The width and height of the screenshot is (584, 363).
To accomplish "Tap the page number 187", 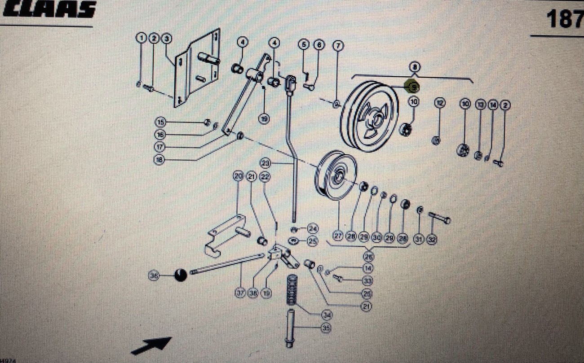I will tap(564, 19).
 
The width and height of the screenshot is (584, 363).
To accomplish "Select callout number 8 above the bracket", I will tap(415, 67).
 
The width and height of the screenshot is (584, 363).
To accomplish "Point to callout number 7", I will tap(338, 45).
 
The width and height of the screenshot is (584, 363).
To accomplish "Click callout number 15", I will tap(160, 122).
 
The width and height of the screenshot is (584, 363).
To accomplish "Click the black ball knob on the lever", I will tap(181, 275).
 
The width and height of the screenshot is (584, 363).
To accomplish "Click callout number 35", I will tap(326, 328).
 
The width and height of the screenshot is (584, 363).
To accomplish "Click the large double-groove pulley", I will tap(370, 116).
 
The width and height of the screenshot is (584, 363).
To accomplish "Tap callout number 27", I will tap(338, 236).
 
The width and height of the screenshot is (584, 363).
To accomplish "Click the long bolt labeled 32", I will tap(440, 218).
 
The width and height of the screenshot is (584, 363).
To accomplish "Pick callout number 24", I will tap(312, 229).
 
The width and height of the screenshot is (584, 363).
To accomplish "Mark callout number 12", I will tap(439, 104).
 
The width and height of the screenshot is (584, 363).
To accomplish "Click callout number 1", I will tap(142, 39).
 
